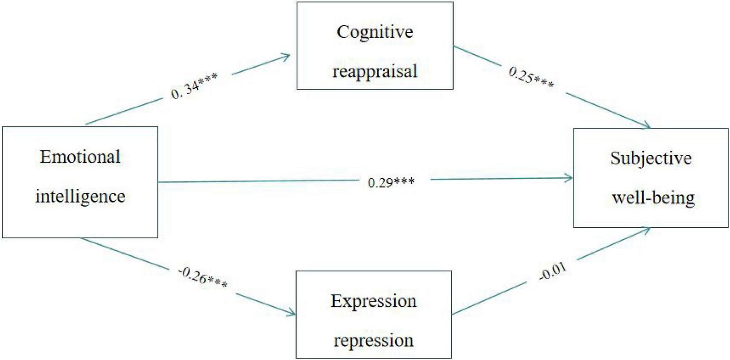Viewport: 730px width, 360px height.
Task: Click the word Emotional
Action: (80, 157)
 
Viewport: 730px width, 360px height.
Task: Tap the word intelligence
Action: (80, 196)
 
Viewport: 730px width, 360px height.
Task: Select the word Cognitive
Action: (375, 32)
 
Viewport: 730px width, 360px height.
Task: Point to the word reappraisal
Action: (375, 71)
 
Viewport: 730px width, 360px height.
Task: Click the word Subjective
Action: (651, 158)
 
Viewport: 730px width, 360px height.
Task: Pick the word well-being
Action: (653, 197)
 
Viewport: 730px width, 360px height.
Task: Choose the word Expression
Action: (373, 301)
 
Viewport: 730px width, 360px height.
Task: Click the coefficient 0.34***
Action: (194, 87)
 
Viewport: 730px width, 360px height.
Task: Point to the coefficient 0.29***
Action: (391, 182)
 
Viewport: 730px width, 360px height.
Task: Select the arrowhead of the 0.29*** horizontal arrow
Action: (571, 178)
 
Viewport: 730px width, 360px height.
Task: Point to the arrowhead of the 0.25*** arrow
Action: (649, 127)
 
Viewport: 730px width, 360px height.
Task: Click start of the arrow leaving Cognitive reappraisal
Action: (455, 46)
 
